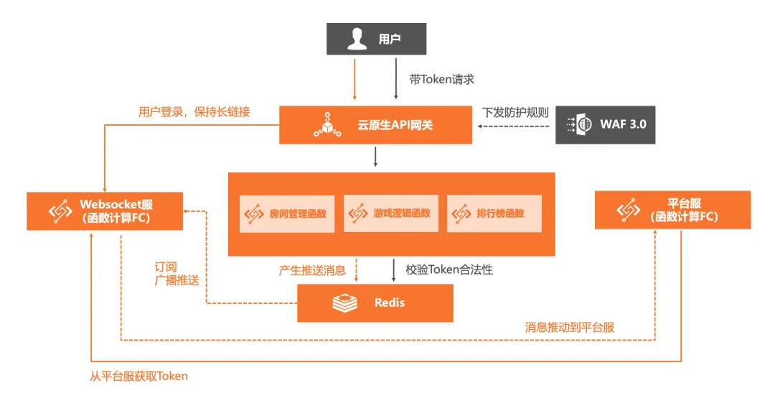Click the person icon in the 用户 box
coord(357,39)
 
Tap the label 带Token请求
coord(442,79)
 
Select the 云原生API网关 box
coord(375,125)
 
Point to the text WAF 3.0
coord(623,124)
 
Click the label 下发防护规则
coord(515,112)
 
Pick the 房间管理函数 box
coord(287,214)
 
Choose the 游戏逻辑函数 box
coord(391,213)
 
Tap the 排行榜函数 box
coord(494,213)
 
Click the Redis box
coord(375,303)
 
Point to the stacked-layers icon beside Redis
coord(344,303)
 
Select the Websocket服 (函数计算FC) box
coord(105,211)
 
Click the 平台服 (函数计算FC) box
coord(672,210)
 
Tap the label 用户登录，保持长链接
coord(194,112)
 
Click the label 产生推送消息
coord(312,270)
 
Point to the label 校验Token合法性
coord(449,269)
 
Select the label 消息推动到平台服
coord(569,327)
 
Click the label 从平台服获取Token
coord(139,377)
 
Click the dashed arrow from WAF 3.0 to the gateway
coord(514,126)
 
